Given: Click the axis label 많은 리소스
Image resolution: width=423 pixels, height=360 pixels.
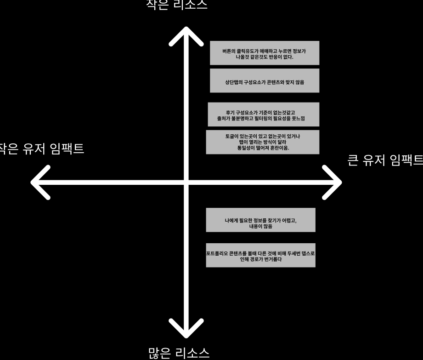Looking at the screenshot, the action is (179, 353).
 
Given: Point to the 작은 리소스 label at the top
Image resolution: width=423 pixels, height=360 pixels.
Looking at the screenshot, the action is (176, 5).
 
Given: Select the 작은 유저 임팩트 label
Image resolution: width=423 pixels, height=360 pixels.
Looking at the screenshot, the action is (41, 149).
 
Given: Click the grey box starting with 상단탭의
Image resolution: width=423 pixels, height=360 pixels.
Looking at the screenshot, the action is (264, 81).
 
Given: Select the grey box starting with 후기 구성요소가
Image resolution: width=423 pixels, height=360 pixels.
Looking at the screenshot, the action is (263, 114).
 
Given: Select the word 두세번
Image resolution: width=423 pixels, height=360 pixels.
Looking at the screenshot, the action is (294, 253).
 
